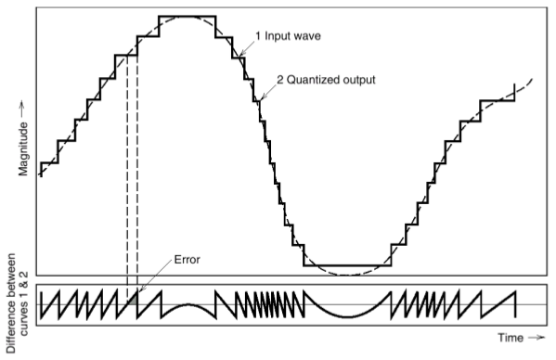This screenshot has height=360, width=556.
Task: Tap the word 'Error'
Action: point(187,261)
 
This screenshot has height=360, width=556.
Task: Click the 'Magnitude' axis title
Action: point(24,148)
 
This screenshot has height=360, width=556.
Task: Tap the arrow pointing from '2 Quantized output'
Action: point(266,91)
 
